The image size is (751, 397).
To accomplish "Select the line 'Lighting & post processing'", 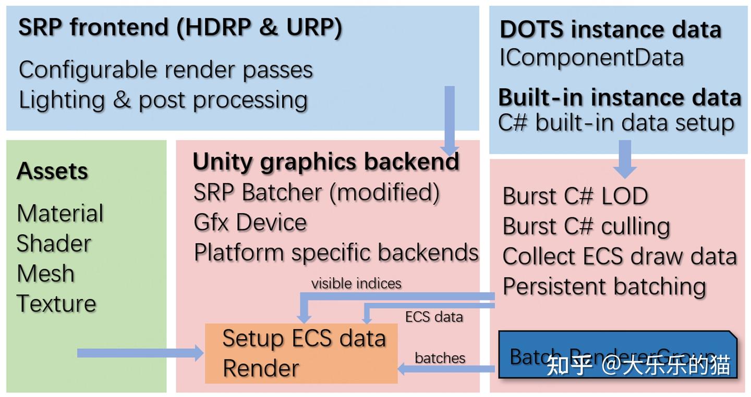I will point(163,100).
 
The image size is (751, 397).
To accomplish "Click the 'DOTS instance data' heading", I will point(610,30).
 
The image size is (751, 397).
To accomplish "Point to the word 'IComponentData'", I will point(591,58).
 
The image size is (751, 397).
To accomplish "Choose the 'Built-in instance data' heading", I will point(620,97).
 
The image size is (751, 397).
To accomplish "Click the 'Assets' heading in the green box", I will point(52,171).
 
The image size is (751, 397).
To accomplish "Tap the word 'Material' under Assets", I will point(60,214).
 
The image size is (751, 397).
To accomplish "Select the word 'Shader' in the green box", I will point(54,243).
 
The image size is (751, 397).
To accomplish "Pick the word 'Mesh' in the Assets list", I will point(46,274).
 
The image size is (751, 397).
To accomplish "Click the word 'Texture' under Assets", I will point(56,303).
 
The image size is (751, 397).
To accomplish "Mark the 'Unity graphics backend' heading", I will point(326,162).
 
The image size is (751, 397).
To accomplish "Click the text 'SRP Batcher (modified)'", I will point(316,192).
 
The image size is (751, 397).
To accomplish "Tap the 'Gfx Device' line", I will point(250,222).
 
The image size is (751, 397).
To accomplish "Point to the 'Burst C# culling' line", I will point(586,226).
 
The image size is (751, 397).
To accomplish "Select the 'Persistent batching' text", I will point(604,287).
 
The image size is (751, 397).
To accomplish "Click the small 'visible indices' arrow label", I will point(356,283).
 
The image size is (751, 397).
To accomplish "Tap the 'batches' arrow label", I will point(440,358).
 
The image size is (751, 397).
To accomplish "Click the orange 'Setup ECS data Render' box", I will point(301,353).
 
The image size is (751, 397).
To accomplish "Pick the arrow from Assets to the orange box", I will point(140,353).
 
